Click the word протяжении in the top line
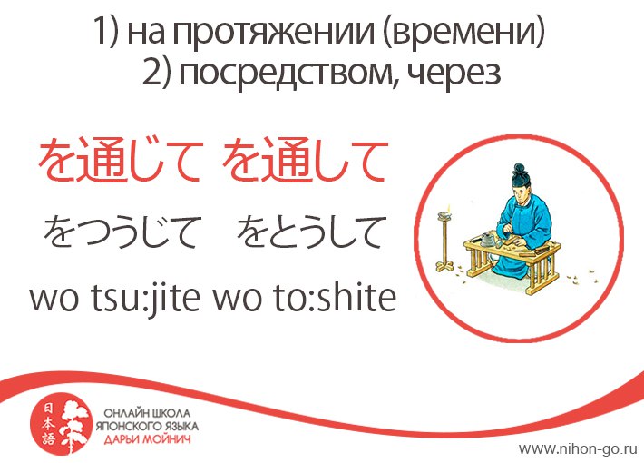(273, 32)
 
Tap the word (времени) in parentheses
(464, 32)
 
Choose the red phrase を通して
(305, 161)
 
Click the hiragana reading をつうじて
(120, 231)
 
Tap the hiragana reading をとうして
(312, 231)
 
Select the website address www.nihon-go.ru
(578, 448)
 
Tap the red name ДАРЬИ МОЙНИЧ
(147, 439)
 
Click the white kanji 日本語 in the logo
(48, 424)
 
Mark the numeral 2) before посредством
(156, 74)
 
